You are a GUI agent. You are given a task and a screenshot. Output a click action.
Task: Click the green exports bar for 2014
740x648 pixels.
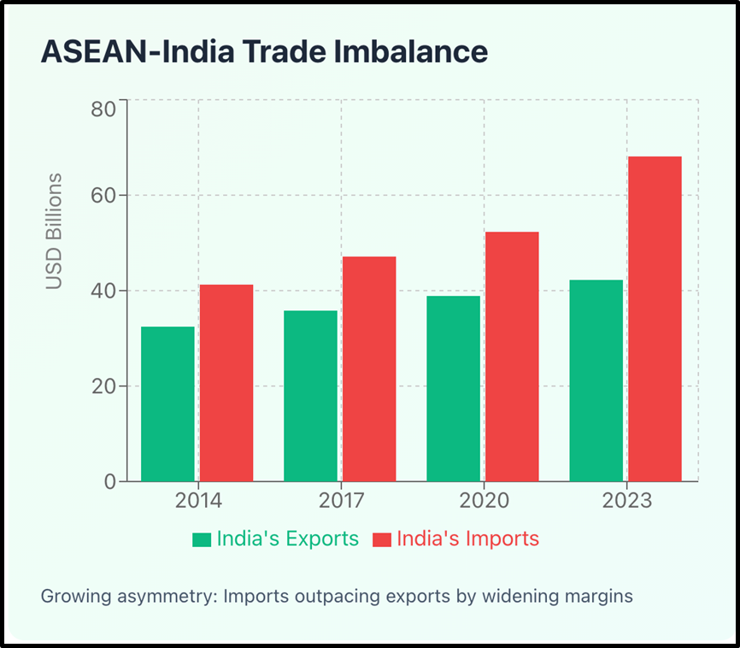(x=167, y=404)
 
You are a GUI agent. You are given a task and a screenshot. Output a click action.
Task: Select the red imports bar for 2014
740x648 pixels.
(x=226, y=383)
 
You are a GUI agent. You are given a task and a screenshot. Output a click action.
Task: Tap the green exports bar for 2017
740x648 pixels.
(x=310, y=396)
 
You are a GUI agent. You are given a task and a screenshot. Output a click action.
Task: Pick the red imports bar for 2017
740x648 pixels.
(x=369, y=368)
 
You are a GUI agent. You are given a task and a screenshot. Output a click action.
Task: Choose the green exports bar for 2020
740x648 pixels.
(x=453, y=388)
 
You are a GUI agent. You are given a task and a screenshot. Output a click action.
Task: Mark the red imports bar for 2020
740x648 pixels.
(x=512, y=356)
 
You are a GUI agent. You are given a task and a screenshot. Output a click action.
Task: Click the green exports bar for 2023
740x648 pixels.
(x=596, y=380)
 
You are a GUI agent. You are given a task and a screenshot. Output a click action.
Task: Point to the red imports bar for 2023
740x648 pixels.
(x=655, y=319)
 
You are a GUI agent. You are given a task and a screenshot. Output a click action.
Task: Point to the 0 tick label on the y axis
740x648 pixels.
(x=109, y=482)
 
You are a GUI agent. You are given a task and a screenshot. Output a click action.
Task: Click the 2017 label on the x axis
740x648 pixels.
(x=341, y=501)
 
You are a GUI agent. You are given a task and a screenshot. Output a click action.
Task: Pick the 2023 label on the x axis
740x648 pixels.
(x=626, y=501)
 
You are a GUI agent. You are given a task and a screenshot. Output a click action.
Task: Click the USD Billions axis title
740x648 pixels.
(x=55, y=231)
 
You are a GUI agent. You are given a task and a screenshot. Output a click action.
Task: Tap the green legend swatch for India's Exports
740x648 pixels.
(x=202, y=539)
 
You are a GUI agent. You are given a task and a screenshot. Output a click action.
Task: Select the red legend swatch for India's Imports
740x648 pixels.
(x=381, y=539)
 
